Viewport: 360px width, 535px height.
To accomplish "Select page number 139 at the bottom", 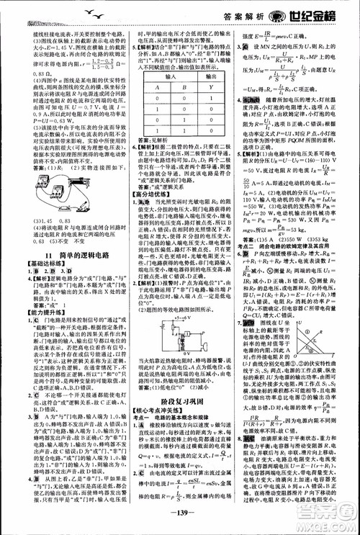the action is [179, 516].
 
